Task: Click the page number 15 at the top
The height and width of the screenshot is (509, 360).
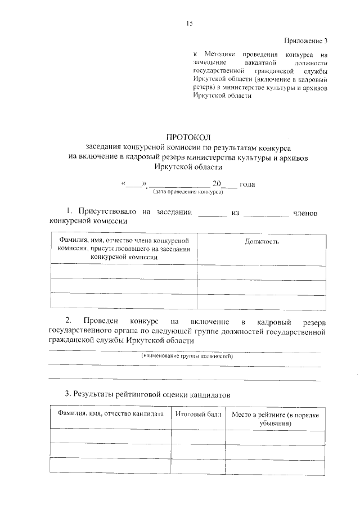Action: (x=188, y=23)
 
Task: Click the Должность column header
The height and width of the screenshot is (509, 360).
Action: (x=262, y=241)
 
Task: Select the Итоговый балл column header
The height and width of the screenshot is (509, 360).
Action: (x=194, y=414)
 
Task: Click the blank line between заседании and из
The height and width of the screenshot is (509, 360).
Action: (x=213, y=214)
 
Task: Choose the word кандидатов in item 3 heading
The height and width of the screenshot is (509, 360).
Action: (x=211, y=394)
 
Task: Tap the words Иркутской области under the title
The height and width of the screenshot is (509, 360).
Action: (x=188, y=167)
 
